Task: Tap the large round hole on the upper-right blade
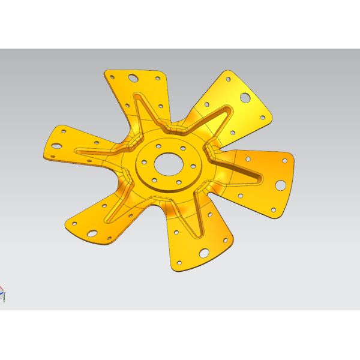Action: point(245,97)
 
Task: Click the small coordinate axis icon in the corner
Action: point(3,294)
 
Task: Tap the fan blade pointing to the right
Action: point(264,180)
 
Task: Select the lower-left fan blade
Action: point(102,216)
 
